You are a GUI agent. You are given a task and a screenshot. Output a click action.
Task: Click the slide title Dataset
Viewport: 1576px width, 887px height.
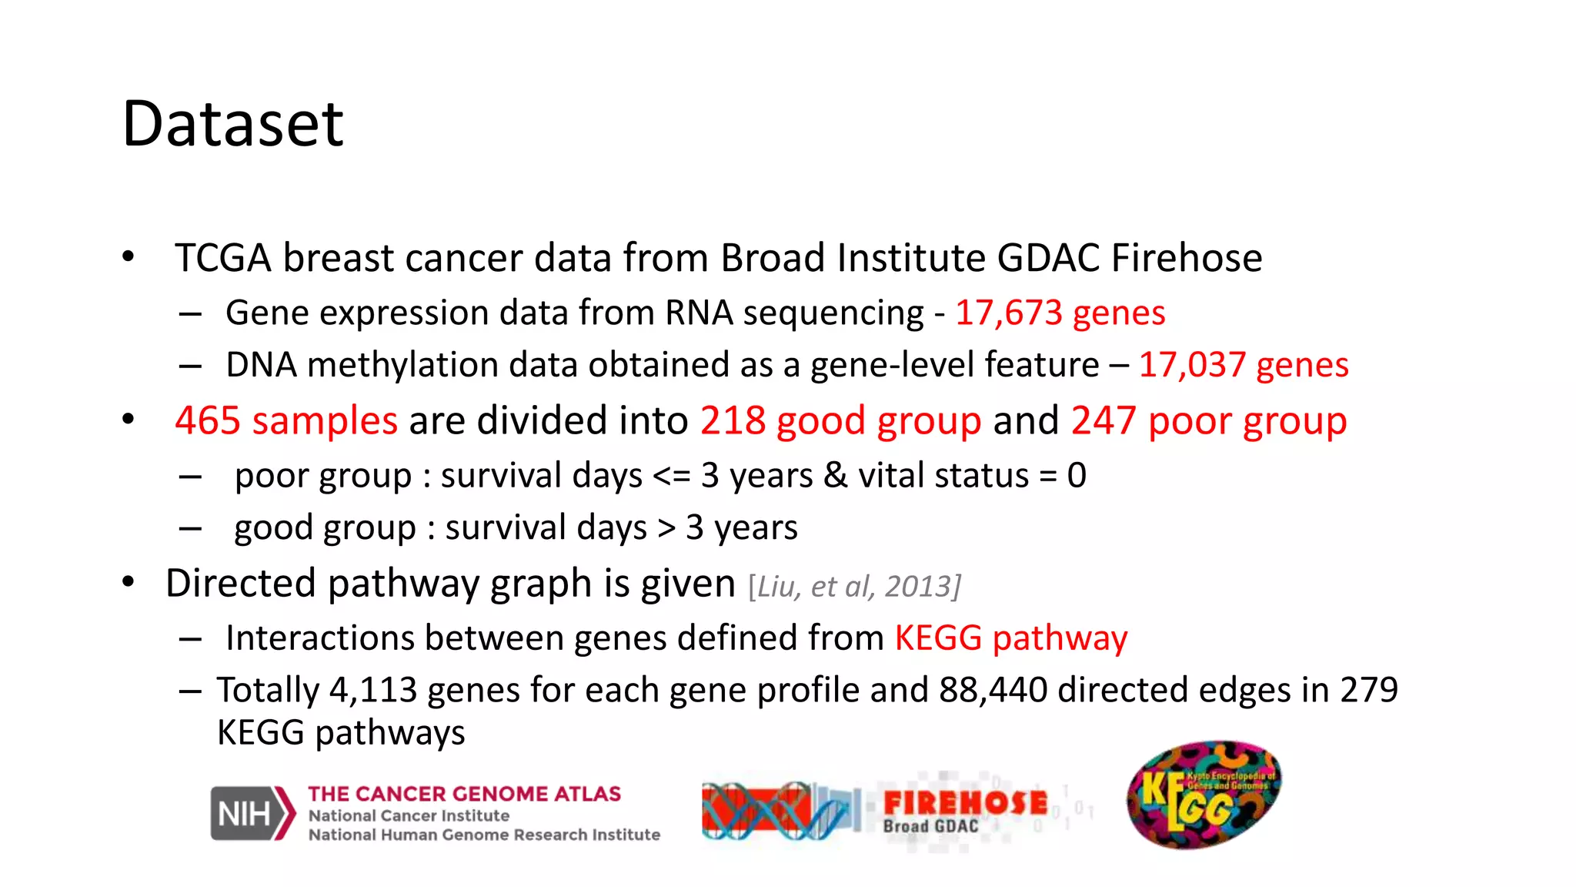232,124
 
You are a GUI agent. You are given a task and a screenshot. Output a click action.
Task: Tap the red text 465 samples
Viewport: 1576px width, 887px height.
286,420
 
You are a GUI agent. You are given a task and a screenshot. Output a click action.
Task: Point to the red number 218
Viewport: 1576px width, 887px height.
733,420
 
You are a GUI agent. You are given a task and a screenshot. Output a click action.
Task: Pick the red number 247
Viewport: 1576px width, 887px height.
1104,420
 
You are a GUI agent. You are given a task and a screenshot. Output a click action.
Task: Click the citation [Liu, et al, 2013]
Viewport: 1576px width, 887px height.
854,587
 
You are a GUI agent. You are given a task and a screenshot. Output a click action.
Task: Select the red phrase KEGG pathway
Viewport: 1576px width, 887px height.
1010,638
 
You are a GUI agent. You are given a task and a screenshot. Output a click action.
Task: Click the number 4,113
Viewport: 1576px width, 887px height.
373,690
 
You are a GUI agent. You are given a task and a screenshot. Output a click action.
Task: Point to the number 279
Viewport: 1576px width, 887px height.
1368,690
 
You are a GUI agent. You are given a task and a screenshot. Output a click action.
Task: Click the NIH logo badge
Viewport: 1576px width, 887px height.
252,813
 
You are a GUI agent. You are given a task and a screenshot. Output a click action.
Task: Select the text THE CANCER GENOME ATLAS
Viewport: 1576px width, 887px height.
464,794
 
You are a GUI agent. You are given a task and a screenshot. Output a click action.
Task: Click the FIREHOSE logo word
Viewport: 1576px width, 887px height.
965,803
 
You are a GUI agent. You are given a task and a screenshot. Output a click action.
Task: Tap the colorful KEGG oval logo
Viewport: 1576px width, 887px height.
1204,795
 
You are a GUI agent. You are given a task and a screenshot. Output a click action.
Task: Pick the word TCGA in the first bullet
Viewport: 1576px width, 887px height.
223,258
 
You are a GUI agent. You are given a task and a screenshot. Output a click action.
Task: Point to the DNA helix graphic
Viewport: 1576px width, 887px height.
777,811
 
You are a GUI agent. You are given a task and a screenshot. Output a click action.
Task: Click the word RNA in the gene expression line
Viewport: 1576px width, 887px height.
699,313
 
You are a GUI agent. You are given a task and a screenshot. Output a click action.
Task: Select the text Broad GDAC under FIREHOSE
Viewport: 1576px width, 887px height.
930,827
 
